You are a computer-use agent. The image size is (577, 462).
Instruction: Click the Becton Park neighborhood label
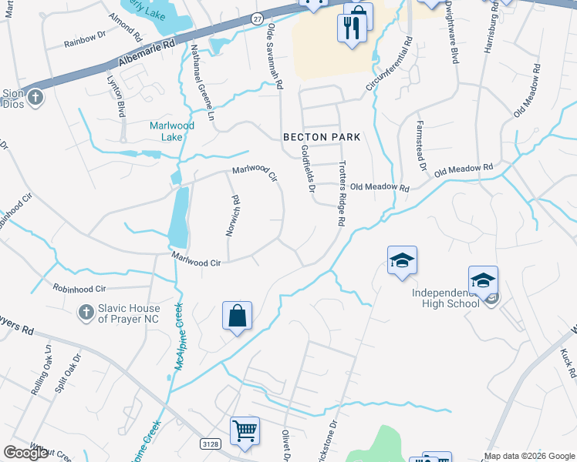pos(322,136)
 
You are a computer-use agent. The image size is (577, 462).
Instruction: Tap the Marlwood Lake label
pos(172,131)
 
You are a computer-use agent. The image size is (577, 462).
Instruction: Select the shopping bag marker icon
pos(237,316)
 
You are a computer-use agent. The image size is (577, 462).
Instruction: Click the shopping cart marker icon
pos(245,431)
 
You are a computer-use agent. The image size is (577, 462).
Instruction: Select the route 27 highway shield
pos(257,18)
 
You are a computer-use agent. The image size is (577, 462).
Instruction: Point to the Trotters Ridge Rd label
pos(340,193)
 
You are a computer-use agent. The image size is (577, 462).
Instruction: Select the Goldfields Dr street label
pos(309,169)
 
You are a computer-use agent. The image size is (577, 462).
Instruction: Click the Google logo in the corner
pos(26,453)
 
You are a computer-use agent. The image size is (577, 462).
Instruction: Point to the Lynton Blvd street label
pos(119,97)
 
